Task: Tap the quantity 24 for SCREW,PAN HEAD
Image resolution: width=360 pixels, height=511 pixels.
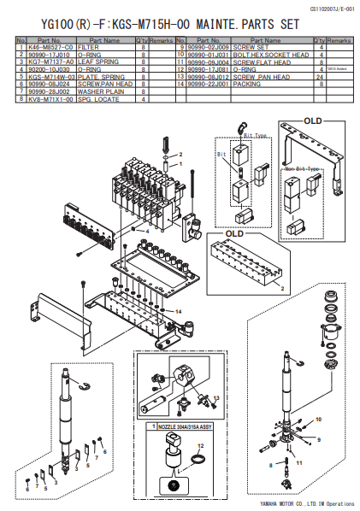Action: [319, 77]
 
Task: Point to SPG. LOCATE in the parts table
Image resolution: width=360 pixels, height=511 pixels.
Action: [93, 99]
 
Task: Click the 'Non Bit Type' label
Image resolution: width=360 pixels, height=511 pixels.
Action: [301, 169]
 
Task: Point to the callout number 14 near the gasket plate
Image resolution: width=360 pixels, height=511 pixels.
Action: [179, 312]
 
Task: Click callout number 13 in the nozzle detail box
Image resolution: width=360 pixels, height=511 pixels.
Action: [215, 397]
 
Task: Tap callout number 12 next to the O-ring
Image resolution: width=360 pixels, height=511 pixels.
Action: [202, 445]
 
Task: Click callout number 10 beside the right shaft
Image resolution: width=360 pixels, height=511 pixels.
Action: [320, 420]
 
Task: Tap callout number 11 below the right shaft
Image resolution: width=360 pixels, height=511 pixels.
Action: [299, 461]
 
